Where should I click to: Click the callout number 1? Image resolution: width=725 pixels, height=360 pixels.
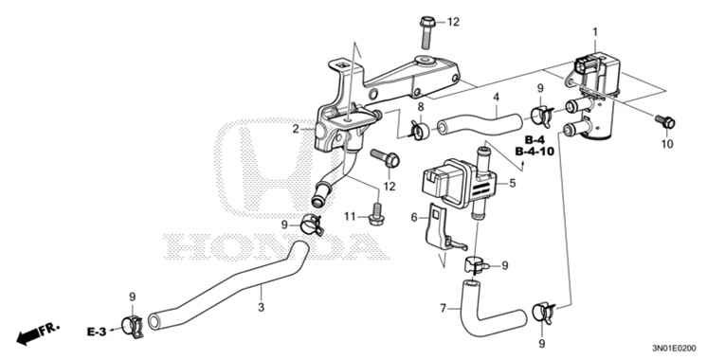(x=594, y=33)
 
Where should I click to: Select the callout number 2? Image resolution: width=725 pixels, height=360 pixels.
(x=296, y=128)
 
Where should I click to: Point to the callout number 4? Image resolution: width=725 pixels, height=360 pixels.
(x=496, y=97)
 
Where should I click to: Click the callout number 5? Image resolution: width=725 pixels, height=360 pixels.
(x=513, y=184)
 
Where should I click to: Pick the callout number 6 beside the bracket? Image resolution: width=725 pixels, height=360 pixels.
(x=414, y=217)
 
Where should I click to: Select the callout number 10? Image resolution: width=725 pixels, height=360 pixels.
(x=667, y=144)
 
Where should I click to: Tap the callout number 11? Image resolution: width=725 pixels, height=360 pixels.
(x=349, y=216)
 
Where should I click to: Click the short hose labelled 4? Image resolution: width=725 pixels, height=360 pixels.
(x=480, y=122)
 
